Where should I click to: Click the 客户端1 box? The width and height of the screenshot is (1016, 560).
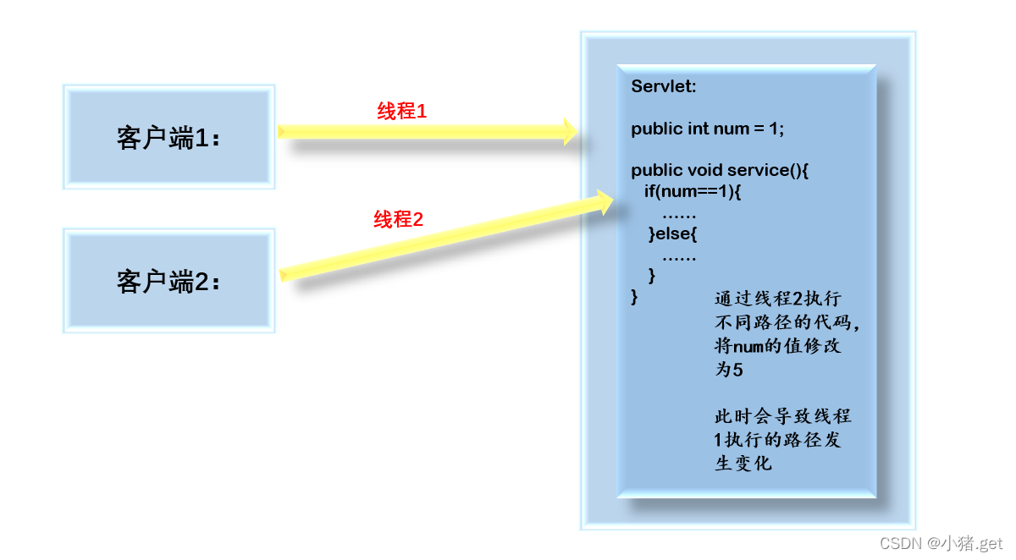pyautogui.click(x=168, y=136)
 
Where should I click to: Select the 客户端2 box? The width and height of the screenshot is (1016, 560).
pyautogui.click(x=168, y=280)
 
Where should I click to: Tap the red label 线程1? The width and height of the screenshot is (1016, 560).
pyautogui.click(x=402, y=111)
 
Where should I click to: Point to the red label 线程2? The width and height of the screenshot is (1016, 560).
pyautogui.click(x=398, y=220)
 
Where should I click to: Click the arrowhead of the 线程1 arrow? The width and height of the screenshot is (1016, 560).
pyautogui.click(x=570, y=131)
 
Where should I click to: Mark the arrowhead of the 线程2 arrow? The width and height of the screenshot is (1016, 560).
pyautogui.click(x=603, y=201)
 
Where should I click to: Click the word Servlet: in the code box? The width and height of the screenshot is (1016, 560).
pyautogui.click(x=663, y=87)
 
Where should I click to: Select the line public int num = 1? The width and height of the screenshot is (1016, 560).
pyautogui.click(x=708, y=129)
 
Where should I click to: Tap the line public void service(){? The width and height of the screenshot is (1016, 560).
pyautogui.click(x=721, y=170)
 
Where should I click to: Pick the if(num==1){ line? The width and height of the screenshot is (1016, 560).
pyautogui.click(x=692, y=191)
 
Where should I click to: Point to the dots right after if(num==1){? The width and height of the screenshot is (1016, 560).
pyautogui.click(x=678, y=213)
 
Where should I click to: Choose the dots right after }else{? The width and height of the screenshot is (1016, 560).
pyautogui.click(x=678, y=255)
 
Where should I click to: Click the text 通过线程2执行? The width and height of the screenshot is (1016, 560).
pyautogui.click(x=777, y=299)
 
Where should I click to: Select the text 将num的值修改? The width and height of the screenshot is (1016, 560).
pyautogui.click(x=777, y=346)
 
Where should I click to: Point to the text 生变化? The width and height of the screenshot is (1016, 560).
pyautogui.click(x=743, y=464)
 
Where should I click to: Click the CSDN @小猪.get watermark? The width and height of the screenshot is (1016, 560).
pyautogui.click(x=941, y=543)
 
